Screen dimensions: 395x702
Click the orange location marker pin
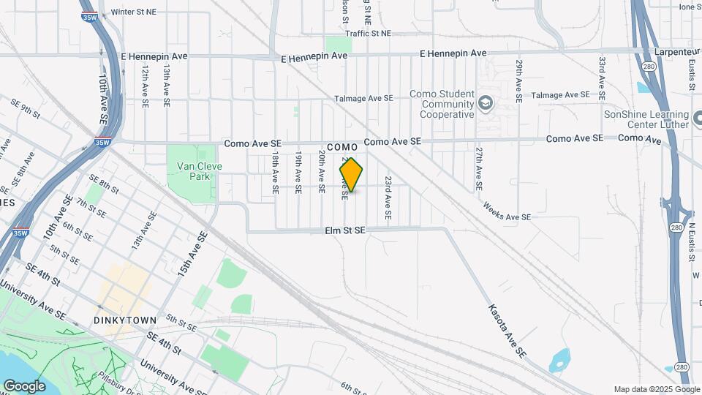[x=351, y=175]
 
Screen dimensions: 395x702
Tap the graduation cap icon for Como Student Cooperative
[x=485, y=105]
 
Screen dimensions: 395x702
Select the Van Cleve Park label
[x=199, y=171]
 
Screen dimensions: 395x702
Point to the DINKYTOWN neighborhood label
[x=125, y=320]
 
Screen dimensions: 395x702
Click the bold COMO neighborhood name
[x=341, y=147]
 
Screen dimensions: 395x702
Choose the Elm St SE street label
[x=345, y=230]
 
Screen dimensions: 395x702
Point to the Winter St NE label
[x=133, y=12]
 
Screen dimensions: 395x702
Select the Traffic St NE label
[x=369, y=34]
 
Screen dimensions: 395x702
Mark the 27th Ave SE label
[x=478, y=168]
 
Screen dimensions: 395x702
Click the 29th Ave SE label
[x=518, y=80]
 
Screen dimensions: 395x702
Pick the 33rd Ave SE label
[x=601, y=78]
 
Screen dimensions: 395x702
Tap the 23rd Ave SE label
[x=388, y=198]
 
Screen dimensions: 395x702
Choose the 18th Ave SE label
[x=275, y=173]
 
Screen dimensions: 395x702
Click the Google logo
[x=24, y=385]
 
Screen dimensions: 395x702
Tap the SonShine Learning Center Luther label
[x=646, y=119]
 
